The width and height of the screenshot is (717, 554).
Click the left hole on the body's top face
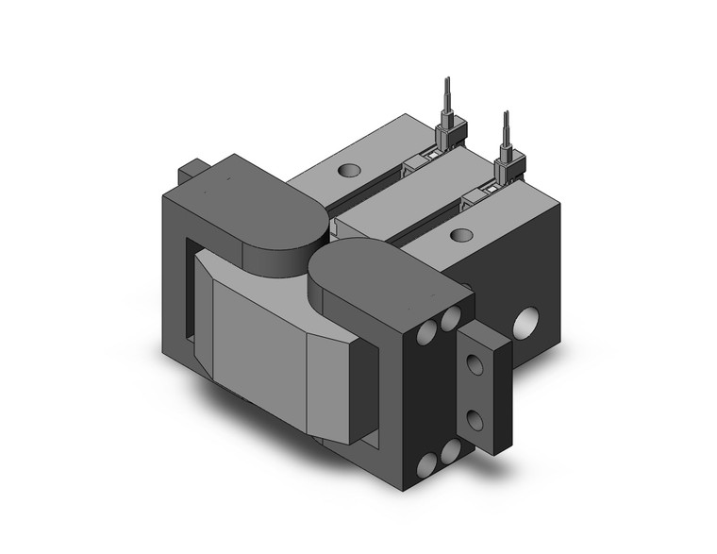[349, 172]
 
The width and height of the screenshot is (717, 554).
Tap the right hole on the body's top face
[461, 234]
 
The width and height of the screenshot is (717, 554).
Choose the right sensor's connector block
[509, 167]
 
